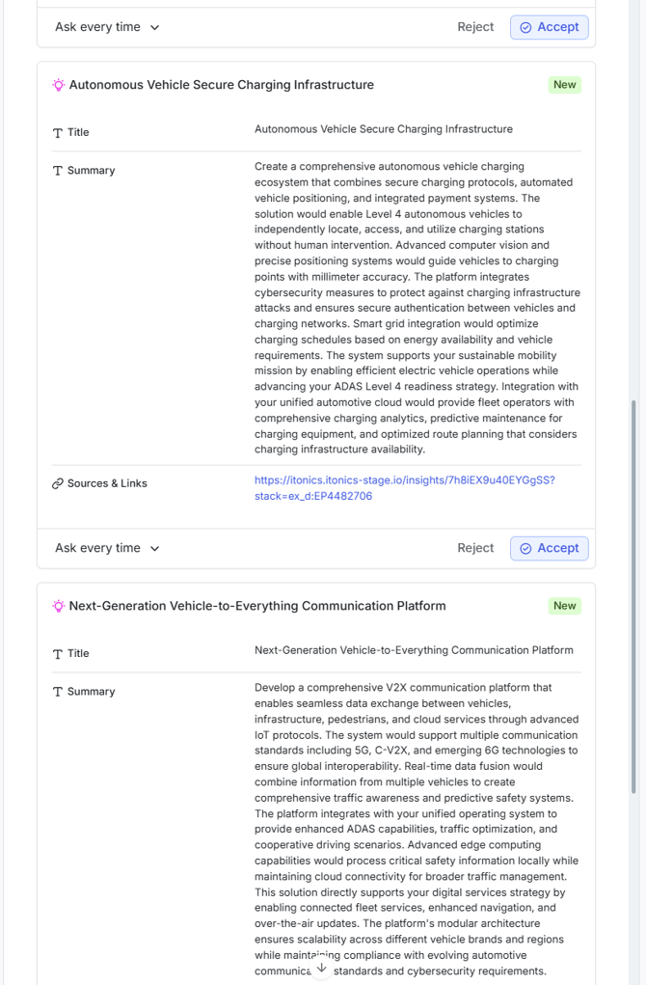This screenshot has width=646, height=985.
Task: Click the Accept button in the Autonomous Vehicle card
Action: coord(549,548)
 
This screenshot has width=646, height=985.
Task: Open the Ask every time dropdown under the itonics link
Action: coord(107,548)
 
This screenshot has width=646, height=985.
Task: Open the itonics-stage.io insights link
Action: coord(404,488)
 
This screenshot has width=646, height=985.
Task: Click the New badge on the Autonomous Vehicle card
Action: coord(564,85)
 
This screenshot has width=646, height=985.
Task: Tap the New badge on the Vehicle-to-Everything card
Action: coord(564,606)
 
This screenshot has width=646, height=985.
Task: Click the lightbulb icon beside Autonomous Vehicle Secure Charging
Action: coord(58,85)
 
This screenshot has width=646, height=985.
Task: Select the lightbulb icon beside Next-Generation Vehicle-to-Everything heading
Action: coord(58,606)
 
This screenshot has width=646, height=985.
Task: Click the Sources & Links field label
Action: coord(107,483)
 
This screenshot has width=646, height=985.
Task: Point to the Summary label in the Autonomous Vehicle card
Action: coord(91,171)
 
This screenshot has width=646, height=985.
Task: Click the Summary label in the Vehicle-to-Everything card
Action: coord(91,692)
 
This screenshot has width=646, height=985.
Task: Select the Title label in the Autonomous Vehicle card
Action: coord(78,132)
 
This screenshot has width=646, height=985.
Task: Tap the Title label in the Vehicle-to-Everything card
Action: coord(78,653)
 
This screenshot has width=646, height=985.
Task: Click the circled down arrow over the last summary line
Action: coord(322,969)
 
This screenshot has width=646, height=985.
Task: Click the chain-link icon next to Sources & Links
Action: coord(57,483)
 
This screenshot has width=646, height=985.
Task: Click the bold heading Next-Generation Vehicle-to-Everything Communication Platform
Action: coord(257,606)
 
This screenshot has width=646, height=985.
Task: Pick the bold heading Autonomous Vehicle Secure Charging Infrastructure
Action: coord(221,85)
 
